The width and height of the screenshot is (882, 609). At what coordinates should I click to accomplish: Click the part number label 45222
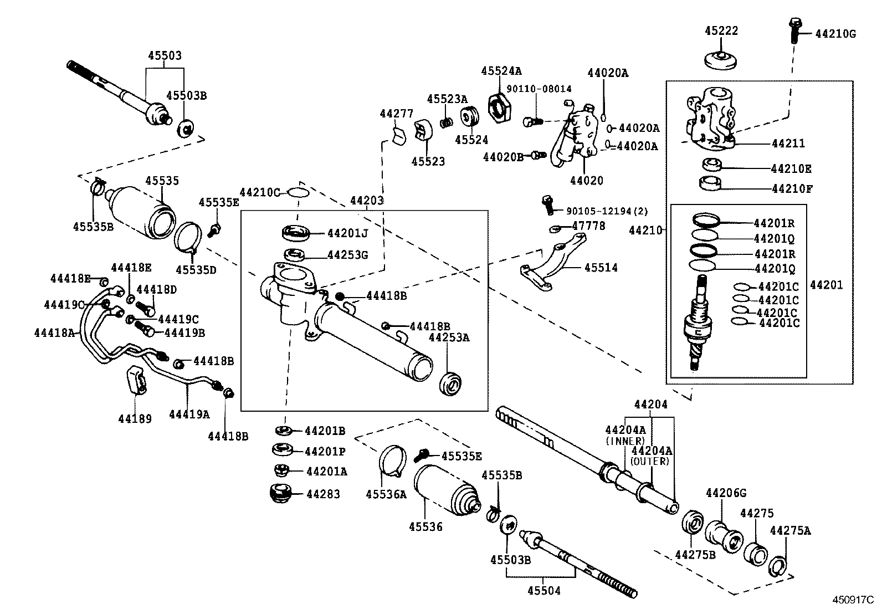pyautogui.click(x=721, y=30)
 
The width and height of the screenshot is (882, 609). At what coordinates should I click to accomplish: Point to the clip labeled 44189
pyautogui.click(x=137, y=381)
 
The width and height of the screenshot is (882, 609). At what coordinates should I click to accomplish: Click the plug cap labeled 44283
pyautogui.click(x=281, y=493)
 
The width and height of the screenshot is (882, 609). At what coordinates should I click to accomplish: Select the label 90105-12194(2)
pyautogui.click(x=607, y=211)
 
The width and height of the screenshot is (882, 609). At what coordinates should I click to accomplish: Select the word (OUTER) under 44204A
pyautogui.click(x=650, y=461)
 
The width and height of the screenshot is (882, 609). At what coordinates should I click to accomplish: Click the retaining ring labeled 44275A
pyautogui.click(x=778, y=565)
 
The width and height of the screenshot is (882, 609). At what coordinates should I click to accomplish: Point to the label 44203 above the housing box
pyautogui.click(x=367, y=200)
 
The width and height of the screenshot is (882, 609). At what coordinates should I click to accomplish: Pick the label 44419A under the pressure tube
pyautogui.click(x=189, y=414)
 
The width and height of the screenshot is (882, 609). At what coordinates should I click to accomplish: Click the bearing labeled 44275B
pyautogui.click(x=692, y=524)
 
